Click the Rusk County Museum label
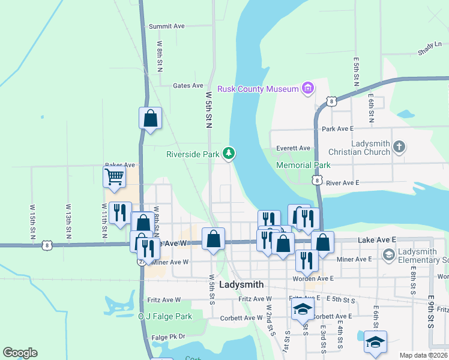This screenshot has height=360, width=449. click(258, 89)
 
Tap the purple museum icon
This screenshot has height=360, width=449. click(308, 89)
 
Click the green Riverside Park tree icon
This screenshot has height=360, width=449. click(229, 154)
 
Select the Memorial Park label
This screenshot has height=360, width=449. click(303, 165)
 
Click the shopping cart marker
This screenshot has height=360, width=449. click(114, 178)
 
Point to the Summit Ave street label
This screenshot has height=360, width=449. click(167, 26)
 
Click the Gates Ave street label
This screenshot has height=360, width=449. click(188, 86)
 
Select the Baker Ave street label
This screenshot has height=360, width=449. click(120, 164)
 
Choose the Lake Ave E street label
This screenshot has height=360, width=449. click(377, 239)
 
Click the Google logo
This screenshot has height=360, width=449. click(20, 353)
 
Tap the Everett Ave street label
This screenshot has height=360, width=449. click(293, 148)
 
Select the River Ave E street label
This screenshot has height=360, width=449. click(340, 182)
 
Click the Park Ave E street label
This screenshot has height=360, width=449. click(338, 129)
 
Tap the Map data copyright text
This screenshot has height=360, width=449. click(423, 355)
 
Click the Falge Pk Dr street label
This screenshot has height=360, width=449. click(169, 337)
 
